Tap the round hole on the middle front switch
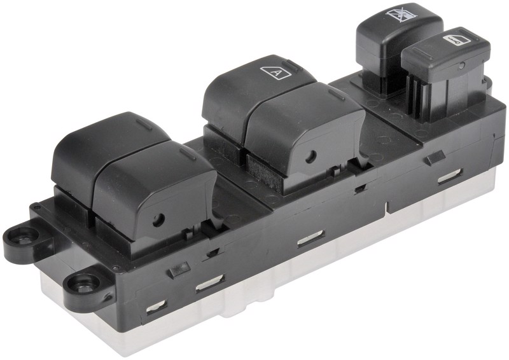[x=311, y=157]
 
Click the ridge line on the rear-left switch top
[x=144, y=125]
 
